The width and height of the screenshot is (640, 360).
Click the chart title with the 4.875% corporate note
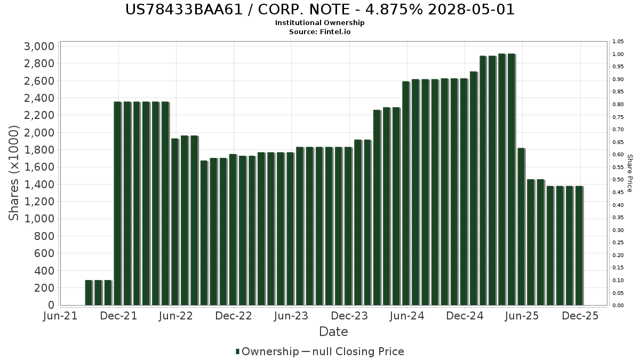click(320, 10)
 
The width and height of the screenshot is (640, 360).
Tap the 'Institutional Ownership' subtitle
click(320, 23)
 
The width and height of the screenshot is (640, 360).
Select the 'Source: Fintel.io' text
click(320, 31)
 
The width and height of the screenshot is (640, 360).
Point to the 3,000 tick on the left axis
click(39, 46)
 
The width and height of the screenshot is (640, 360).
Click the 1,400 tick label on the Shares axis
click(39, 185)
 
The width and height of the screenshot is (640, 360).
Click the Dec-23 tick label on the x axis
click(349, 316)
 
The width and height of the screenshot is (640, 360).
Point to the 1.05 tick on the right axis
click(618, 42)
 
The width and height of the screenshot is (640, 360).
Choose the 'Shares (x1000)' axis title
click(14, 173)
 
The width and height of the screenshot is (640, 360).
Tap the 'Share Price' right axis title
click(629, 173)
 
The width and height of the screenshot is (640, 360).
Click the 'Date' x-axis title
click(333, 332)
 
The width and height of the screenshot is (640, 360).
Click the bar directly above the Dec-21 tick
click(117, 203)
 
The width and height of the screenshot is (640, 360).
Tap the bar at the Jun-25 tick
click(521, 227)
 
